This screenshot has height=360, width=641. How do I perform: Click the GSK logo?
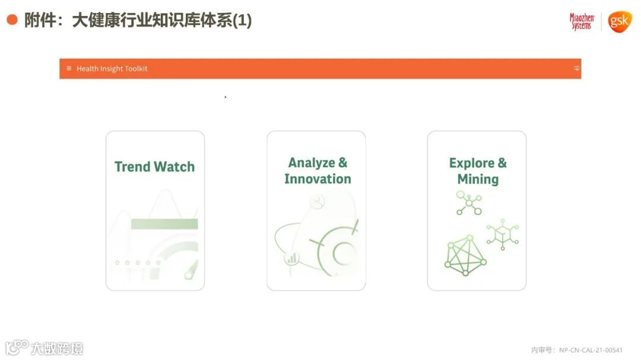click(620, 22)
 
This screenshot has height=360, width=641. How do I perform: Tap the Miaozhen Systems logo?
click(581, 21)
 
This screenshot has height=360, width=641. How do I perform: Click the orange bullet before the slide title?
click(12, 20)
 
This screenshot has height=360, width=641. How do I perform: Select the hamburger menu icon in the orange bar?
click(69, 68)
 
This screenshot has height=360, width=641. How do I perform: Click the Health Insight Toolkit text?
click(112, 69)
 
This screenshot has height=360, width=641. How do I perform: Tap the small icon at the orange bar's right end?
click(576, 68)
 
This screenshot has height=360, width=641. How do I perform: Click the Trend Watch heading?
click(154, 167)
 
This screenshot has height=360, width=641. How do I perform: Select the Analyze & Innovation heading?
click(317, 171)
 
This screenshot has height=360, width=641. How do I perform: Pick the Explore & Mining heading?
click(477, 171)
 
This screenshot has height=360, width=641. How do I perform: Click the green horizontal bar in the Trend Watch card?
click(164, 224)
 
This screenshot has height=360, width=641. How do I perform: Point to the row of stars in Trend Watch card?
click(138, 262)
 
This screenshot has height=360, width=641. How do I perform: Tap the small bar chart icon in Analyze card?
click(291, 259)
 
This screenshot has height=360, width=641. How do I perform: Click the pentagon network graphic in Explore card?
click(465, 256)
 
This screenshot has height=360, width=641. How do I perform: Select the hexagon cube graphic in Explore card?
click(502, 233)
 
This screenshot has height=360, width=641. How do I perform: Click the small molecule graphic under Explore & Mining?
click(469, 203)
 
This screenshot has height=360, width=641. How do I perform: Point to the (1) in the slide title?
click(242, 21)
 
